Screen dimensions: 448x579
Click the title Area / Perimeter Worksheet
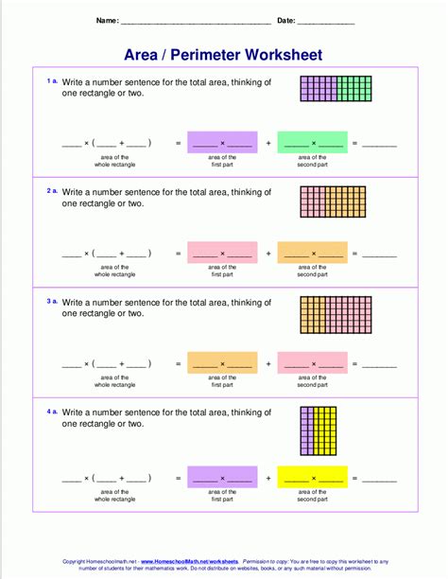(x=223, y=55)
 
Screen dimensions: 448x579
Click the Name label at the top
(x=107, y=20)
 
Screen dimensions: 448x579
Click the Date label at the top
(x=286, y=20)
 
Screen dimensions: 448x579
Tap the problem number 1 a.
(x=52, y=81)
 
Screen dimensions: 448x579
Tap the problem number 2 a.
(x=52, y=190)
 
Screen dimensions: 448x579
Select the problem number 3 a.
(x=52, y=300)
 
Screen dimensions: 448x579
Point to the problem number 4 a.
(x=52, y=410)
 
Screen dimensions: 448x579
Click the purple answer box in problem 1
(x=222, y=142)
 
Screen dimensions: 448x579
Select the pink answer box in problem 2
(x=222, y=252)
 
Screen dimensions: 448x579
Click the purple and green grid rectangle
(x=336, y=89)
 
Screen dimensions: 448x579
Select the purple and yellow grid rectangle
(x=319, y=432)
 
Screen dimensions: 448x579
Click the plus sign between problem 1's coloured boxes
(x=268, y=143)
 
